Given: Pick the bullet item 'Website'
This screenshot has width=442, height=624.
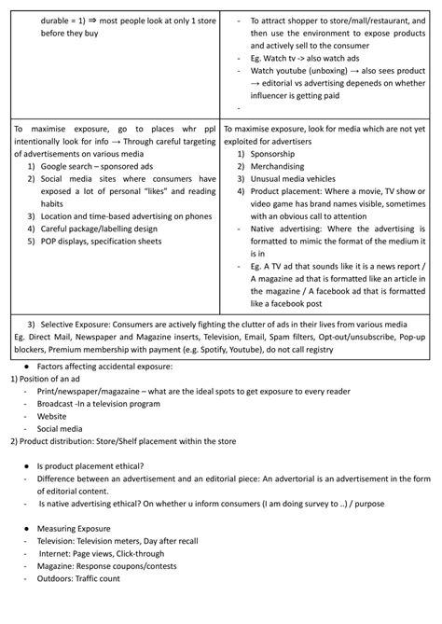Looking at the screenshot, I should pyautogui.click(x=57, y=418).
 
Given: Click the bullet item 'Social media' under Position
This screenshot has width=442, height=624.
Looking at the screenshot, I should pyautogui.click(x=67, y=431).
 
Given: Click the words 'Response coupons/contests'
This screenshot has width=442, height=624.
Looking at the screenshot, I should pyautogui.click(x=127, y=565).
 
